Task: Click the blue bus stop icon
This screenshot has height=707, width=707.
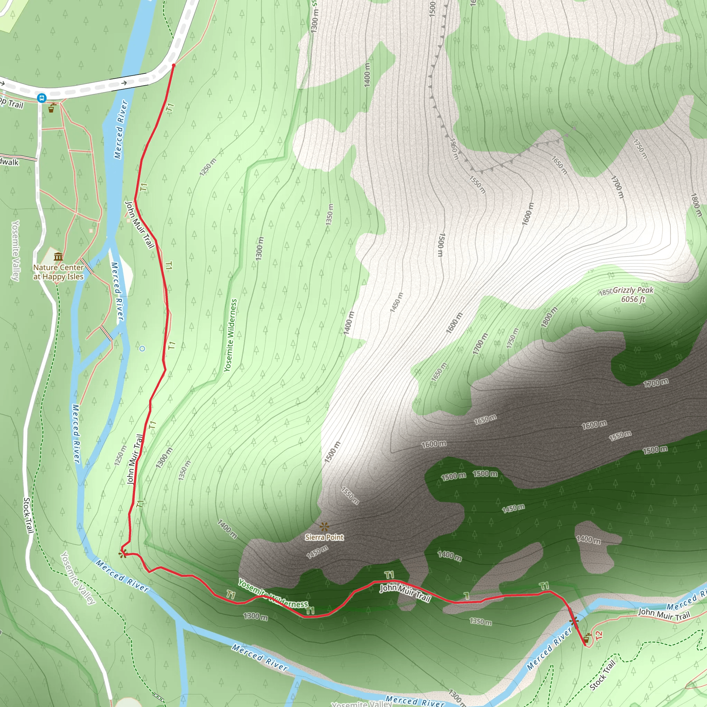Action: click(x=42, y=98)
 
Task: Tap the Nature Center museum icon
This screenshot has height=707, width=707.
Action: click(x=58, y=256)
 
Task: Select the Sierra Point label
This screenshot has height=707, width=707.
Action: click(x=324, y=537)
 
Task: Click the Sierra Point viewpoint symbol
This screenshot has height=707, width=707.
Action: click(x=324, y=527)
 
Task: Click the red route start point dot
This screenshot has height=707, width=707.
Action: click(x=173, y=66)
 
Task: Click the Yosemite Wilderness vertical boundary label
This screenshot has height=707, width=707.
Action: click(x=231, y=335)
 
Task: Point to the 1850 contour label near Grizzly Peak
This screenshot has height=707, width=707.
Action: click(x=605, y=292)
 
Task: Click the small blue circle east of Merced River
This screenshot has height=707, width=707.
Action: click(x=142, y=348)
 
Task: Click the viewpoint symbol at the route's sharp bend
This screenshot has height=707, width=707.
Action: click(x=123, y=554)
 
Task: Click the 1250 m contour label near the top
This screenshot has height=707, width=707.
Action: click(x=208, y=167)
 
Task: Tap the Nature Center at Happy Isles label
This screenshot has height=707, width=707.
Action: click(x=59, y=272)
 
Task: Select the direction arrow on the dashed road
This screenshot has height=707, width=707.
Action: click(x=124, y=83)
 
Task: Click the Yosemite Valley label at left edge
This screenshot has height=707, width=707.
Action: click(x=16, y=250)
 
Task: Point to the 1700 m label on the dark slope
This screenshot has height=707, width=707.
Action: click(x=656, y=383)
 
